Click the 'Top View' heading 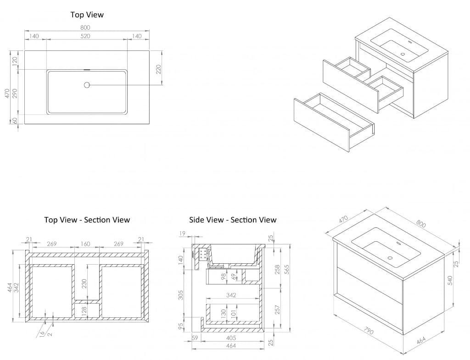tap(87, 15)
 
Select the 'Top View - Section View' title tap(87, 220)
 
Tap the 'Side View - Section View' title tap(233, 220)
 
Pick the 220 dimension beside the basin tap(158, 70)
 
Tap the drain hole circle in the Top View tap(87, 85)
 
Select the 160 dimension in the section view tap(85, 244)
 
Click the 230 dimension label tap(84, 284)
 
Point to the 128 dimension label tap(84, 311)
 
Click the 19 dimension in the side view tap(182, 234)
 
